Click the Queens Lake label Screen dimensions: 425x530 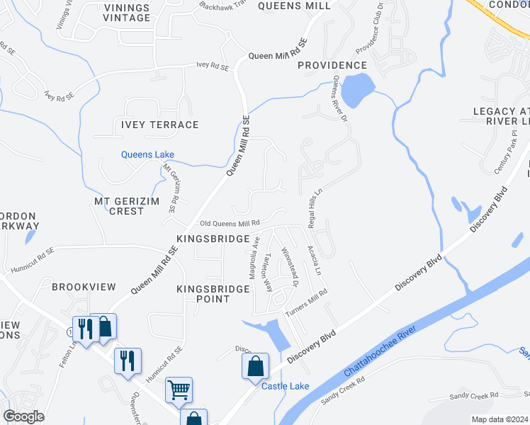click(x=147, y=154)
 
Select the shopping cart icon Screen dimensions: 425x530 click(x=179, y=388)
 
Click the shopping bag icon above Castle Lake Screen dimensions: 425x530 click(x=255, y=365)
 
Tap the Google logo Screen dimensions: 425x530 click(x=24, y=416)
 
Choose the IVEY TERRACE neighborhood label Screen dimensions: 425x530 click(x=155, y=125)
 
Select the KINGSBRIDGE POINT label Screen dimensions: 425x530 click(x=213, y=294)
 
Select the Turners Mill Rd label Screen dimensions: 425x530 click(x=305, y=302)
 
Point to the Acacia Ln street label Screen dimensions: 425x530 click(x=314, y=261)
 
